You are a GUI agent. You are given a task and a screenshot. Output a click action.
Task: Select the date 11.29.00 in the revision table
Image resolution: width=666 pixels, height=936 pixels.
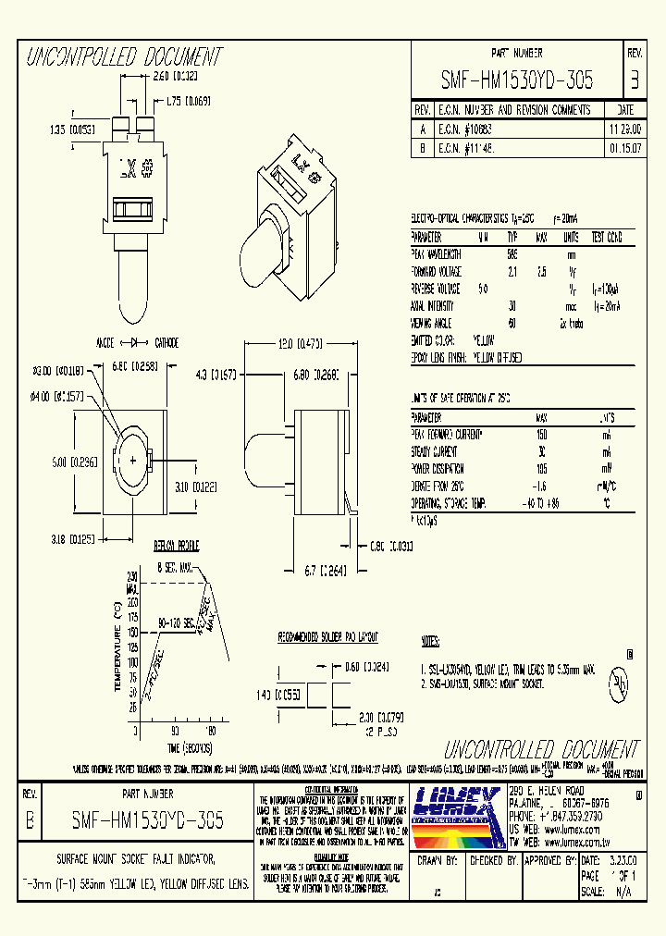pos(623,128)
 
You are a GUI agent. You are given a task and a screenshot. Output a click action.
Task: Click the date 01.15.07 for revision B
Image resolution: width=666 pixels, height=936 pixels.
pos(623,146)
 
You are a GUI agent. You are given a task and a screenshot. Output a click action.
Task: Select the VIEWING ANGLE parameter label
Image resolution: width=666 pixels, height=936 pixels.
pos(436,323)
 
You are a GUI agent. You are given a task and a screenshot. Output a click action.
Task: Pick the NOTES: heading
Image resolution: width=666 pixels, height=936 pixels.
pos(429,640)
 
